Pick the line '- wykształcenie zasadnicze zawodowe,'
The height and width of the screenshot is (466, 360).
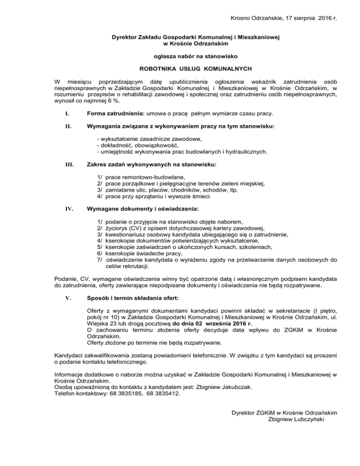click(149, 139)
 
